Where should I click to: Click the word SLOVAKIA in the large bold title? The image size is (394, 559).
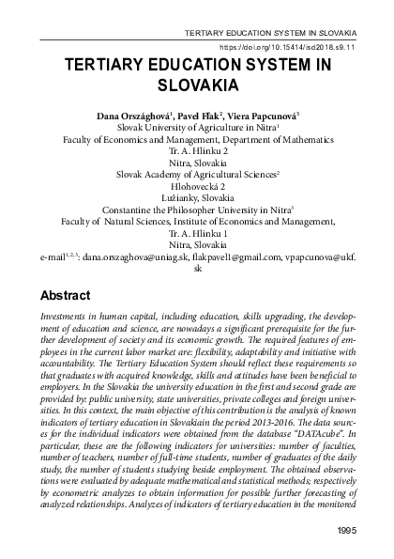tap(197, 82)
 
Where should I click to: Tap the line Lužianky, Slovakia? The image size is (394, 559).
tap(197, 198)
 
